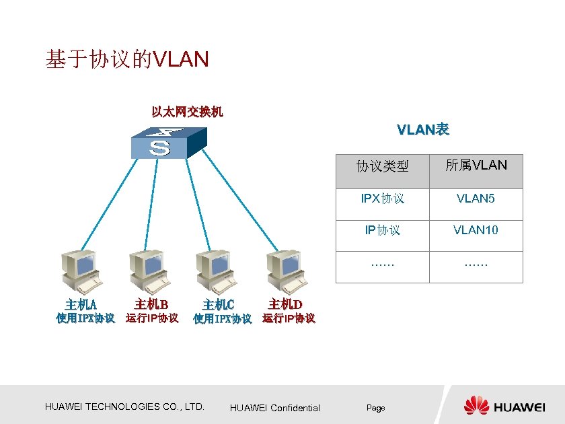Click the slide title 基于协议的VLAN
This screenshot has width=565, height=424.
coord(127,60)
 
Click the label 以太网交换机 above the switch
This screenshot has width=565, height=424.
coord(187,112)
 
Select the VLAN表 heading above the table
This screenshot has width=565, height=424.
coord(422,129)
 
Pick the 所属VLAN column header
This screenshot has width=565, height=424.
coord(476,166)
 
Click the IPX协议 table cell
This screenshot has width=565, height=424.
coord(383,199)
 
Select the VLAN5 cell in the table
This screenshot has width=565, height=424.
coord(476,199)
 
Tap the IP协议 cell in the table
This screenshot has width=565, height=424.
coord(383,230)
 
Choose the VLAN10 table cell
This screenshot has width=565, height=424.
coord(476,230)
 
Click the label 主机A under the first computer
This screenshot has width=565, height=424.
coord(81,305)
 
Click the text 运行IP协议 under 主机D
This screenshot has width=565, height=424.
coord(289,318)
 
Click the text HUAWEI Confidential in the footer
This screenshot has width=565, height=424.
coord(275,408)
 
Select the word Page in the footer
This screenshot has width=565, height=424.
coord(375,408)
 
